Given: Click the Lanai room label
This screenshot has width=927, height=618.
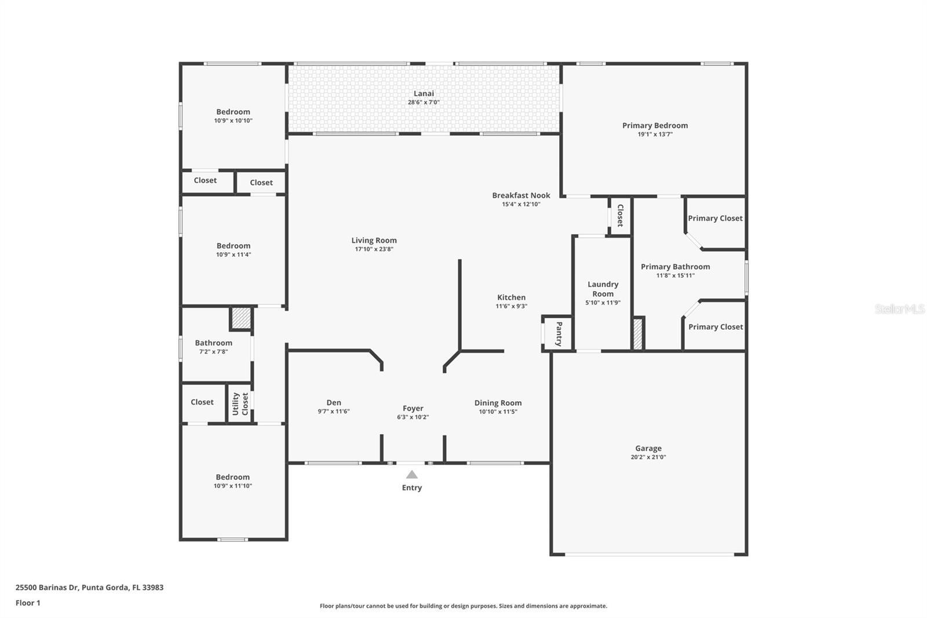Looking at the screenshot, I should pos(424,93).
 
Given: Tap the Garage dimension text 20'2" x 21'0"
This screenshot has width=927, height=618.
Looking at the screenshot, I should pos(648,457).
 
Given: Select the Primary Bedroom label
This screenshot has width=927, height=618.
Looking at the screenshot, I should pos(655,125).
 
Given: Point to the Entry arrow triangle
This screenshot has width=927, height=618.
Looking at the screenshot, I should pos(412,474).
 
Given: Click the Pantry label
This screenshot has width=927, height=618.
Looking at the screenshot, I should pos(559,333).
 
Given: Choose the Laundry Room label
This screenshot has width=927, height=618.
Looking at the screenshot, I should pos(603,289).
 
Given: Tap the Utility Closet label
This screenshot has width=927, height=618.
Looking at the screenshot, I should pos(240,403).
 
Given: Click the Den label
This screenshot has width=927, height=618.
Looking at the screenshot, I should pos(334,402).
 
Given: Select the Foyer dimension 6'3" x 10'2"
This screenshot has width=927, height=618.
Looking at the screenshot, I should pos(413,417).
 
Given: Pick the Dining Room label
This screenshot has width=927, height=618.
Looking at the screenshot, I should pos(498,403).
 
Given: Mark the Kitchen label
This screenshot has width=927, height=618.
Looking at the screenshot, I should pos(511,297).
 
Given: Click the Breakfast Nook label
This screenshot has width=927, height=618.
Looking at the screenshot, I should pos(521,195).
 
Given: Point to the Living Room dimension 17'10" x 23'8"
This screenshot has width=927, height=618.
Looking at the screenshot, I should pos(374,249).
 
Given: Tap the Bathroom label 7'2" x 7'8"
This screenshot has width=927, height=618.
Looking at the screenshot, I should pos(213,347).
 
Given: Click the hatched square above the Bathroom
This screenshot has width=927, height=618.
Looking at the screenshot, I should pos(241,318).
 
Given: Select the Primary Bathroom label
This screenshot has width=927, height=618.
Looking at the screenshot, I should pos(675,267).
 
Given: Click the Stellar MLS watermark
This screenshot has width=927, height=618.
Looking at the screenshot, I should pos(899,309).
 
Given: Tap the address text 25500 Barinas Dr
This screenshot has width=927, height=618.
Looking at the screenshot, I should pos(47,587).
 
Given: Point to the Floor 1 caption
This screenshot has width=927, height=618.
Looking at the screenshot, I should pos(28,603).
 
